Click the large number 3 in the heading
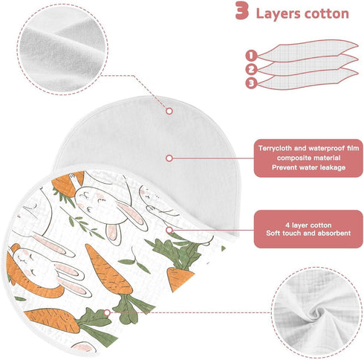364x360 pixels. click(x=242, y=10)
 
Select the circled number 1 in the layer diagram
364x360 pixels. click(x=251, y=55)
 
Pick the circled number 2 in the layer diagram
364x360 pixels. click(x=251, y=69)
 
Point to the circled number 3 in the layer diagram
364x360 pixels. click(x=251, y=83)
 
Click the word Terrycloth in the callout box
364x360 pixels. click(x=275, y=148)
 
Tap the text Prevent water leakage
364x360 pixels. click(x=308, y=167)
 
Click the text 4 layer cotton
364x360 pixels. click(x=308, y=225)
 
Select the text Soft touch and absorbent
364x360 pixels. click(x=308, y=233)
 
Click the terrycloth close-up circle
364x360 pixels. click(x=62, y=49)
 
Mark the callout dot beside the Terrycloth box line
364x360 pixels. click(x=169, y=158)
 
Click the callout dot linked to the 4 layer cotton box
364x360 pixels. click(x=169, y=230)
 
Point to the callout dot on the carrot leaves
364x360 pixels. click(x=107, y=312)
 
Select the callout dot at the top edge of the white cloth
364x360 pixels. click(x=169, y=111)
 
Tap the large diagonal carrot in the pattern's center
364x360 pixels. click(x=109, y=269)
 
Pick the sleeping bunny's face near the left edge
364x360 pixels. click(x=27, y=261)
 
